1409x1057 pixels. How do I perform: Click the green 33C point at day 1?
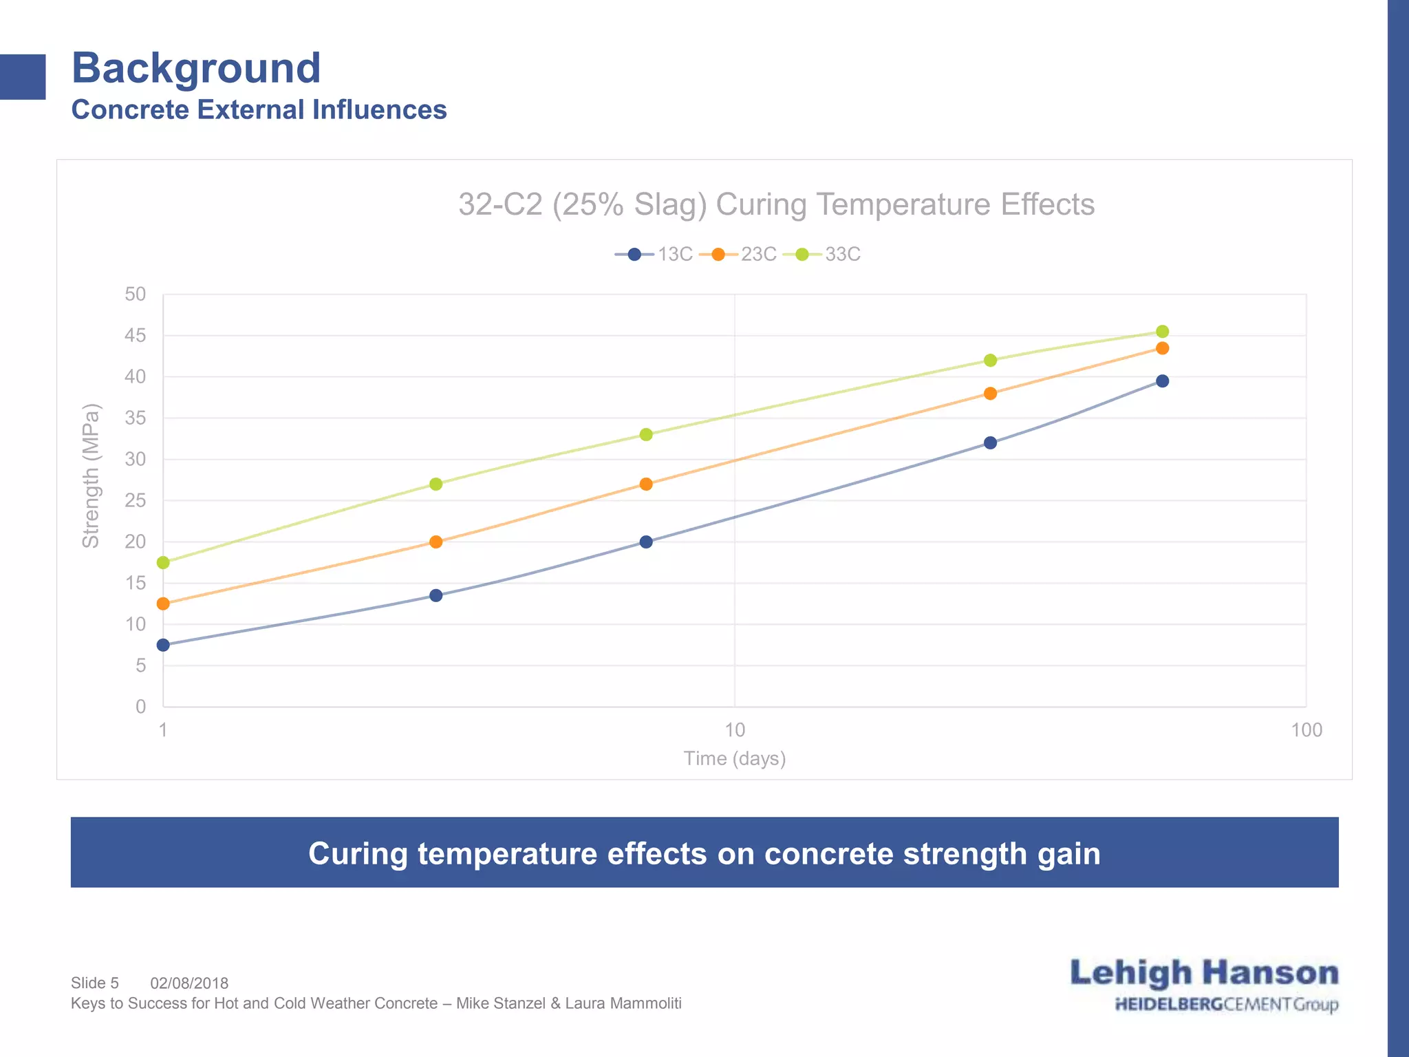(163, 563)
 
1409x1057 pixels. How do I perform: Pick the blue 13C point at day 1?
(163, 645)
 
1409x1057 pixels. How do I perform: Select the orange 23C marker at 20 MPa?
(435, 542)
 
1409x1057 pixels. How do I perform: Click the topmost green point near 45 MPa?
(1163, 332)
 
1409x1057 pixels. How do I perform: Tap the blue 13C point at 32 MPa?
(991, 443)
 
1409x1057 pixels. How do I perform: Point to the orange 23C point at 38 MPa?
(991, 394)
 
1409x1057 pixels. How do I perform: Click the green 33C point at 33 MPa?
(646, 435)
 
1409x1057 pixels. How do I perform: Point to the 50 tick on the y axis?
(136, 295)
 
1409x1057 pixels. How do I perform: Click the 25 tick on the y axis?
(136, 501)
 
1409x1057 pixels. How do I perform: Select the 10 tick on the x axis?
(735, 730)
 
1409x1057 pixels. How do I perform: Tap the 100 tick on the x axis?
(1306, 730)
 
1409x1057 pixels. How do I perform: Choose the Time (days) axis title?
(735, 758)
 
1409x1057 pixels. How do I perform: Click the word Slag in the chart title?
(665, 205)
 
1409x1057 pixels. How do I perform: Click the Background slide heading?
(196, 68)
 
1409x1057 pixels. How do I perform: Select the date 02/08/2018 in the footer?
(189, 983)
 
